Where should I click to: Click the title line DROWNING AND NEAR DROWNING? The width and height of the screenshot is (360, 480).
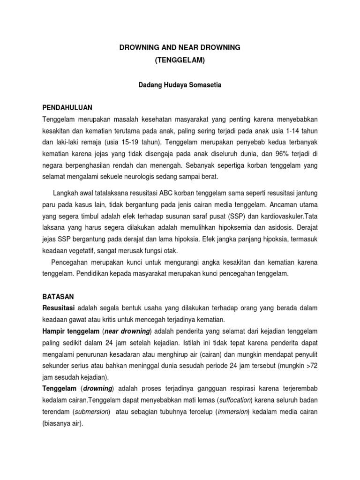tap(180, 47)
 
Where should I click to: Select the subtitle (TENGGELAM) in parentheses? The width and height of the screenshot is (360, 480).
tap(180, 61)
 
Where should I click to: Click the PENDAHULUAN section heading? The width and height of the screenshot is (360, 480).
tap(67, 107)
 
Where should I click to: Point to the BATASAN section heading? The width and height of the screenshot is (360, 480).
tap(58, 297)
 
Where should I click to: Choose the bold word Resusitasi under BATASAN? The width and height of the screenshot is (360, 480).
tap(59, 308)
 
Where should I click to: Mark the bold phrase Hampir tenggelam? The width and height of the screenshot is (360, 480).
tap(71, 331)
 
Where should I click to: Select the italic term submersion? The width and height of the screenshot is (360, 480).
tap(91, 412)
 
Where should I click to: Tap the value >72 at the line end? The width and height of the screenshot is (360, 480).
tap(311, 366)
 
